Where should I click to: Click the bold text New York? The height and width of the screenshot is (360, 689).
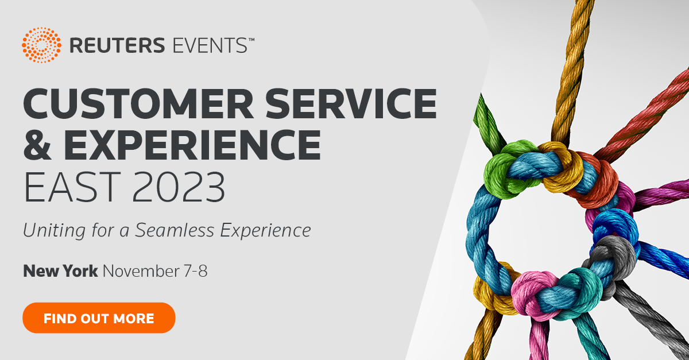pos(61,270)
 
